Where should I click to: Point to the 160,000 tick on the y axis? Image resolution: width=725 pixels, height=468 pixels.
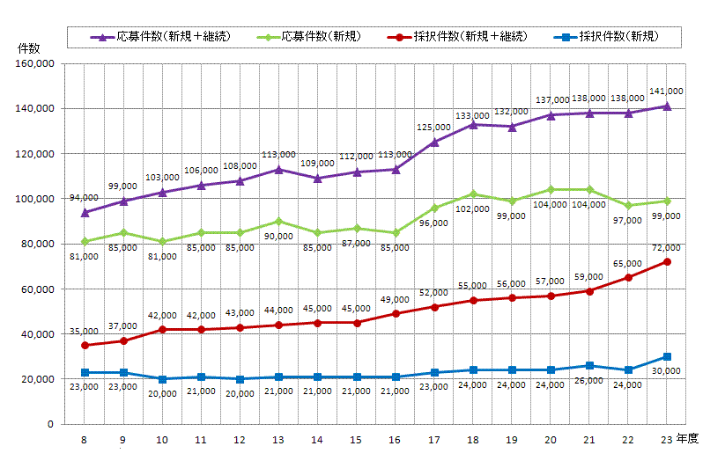pyautogui.click(x=36, y=63)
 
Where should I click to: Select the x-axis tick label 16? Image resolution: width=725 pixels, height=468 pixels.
pyautogui.click(x=396, y=439)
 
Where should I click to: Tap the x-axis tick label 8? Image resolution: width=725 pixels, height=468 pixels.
pyautogui.click(x=85, y=439)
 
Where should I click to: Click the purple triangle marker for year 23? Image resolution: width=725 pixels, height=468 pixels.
pyautogui.click(x=667, y=106)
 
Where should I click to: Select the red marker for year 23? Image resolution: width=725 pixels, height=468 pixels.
pyautogui.click(x=667, y=262)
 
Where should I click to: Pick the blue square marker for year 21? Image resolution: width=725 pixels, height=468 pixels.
pyautogui.click(x=589, y=365)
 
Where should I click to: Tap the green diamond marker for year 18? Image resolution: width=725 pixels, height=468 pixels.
pyautogui.click(x=473, y=194)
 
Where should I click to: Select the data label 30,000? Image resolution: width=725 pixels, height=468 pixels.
pyautogui.click(x=667, y=371)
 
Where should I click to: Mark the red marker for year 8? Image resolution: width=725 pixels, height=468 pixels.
pyautogui.click(x=85, y=345)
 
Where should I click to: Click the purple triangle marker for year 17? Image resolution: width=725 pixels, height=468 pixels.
pyautogui.click(x=434, y=142)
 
